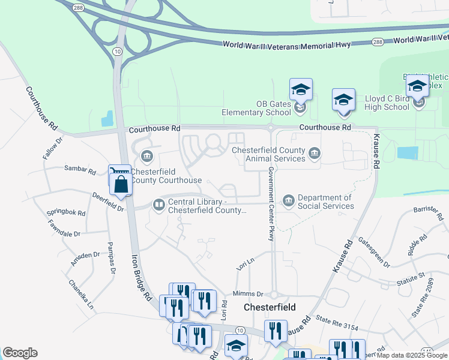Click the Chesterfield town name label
[270, 307]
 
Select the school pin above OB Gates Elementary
[301, 90]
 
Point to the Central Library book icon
[159, 205]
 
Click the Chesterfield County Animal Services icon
[314, 155]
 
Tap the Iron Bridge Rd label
[142, 276]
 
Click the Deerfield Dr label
[107, 202]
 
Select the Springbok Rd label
[65, 213]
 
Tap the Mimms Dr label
[247, 294]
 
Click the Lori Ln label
[246, 262]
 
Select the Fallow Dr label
[53, 149]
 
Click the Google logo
[20, 353]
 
